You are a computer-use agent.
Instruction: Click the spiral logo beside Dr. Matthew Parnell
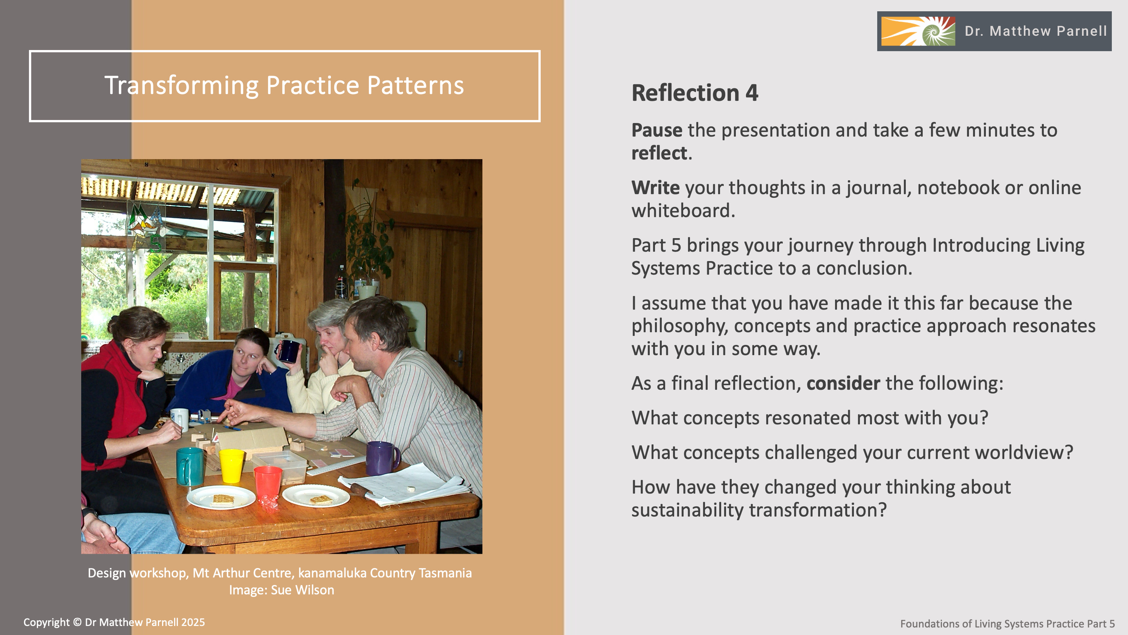coord(918,31)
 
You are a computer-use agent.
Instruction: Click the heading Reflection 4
coord(694,93)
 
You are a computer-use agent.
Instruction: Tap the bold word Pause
coord(656,130)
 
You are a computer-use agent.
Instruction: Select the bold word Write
coord(655,188)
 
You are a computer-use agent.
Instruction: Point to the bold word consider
coord(843,383)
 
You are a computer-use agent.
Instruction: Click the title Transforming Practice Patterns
coord(284,85)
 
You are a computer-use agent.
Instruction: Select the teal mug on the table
coord(190,466)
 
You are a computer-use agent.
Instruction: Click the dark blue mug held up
coord(288,351)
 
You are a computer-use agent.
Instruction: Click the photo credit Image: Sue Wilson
coord(282,590)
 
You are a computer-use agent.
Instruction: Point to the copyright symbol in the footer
coord(77,622)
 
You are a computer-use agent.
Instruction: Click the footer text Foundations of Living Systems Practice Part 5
coord(1008,624)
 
